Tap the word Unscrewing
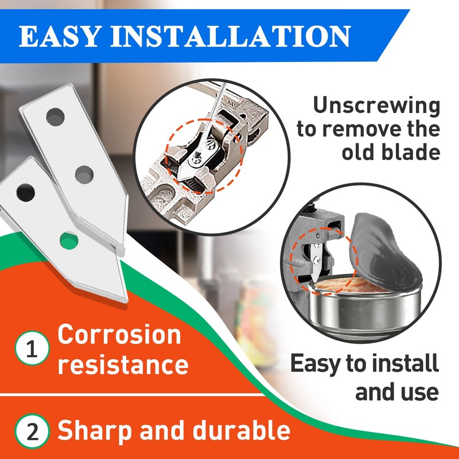click(x=376, y=106)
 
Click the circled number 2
click(x=29, y=431)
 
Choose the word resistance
click(x=123, y=364)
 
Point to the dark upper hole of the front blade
click(x=26, y=191)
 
